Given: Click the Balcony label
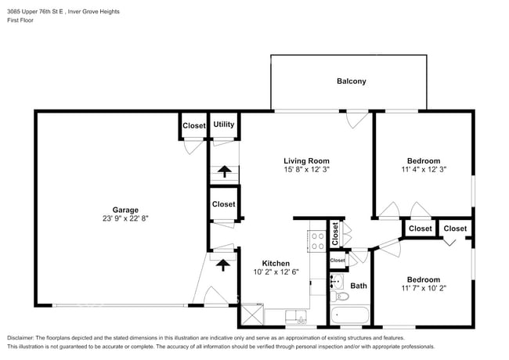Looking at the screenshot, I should click(351, 81).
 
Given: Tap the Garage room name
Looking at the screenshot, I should click(125, 210).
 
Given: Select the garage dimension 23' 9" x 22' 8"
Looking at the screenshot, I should click(125, 219).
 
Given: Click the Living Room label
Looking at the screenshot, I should click(305, 160).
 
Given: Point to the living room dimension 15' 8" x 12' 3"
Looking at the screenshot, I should click(305, 171).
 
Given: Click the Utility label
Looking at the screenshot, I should click(224, 124).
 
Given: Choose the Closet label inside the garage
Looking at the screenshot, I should click(193, 125).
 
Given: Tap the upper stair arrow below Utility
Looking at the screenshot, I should click(224, 171).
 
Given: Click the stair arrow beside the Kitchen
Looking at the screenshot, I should click(224, 264).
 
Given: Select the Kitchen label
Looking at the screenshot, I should click(276, 264).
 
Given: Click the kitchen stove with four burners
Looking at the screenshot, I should click(318, 239).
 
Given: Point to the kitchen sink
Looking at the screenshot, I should click(295, 316).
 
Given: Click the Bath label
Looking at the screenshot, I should click(359, 286).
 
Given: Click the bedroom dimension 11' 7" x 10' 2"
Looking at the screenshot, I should click(423, 289).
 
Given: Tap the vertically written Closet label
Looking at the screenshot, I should click(334, 231).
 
